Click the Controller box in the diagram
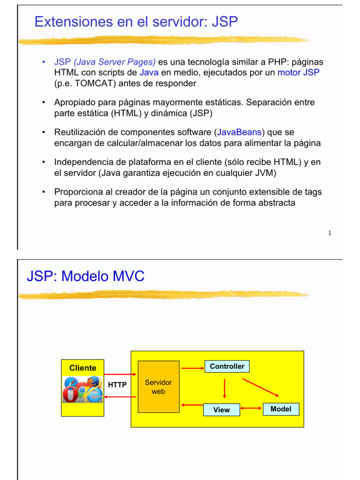click(x=227, y=367)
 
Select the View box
click(x=221, y=410)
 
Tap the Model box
click(x=281, y=409)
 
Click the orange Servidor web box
click(x=158, y=387)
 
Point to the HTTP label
click(x=117, y=385)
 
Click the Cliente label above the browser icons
click(x=82, y=368)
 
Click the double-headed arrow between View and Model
click(x=251, y=409)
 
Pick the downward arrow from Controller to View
click(x=225, y=388)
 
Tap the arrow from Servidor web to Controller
click(x=192, y=368)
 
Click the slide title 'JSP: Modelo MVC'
click(x=85, y=276)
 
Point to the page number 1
click(x=330, y=233)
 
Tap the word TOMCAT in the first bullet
click(x=95, y=83)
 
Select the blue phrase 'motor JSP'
click(x=299, y=73)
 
